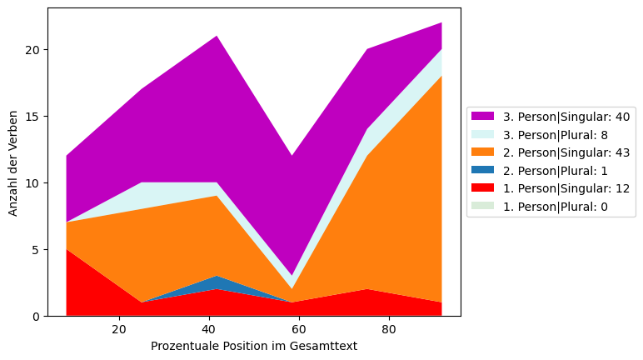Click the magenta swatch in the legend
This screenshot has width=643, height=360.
click(x=482, y=116)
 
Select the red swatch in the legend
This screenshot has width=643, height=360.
click(x=482, y=189)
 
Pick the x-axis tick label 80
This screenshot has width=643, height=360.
click(x=389, y=329)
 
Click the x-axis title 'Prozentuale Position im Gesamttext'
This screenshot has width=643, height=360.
click(x=254, y=346)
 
